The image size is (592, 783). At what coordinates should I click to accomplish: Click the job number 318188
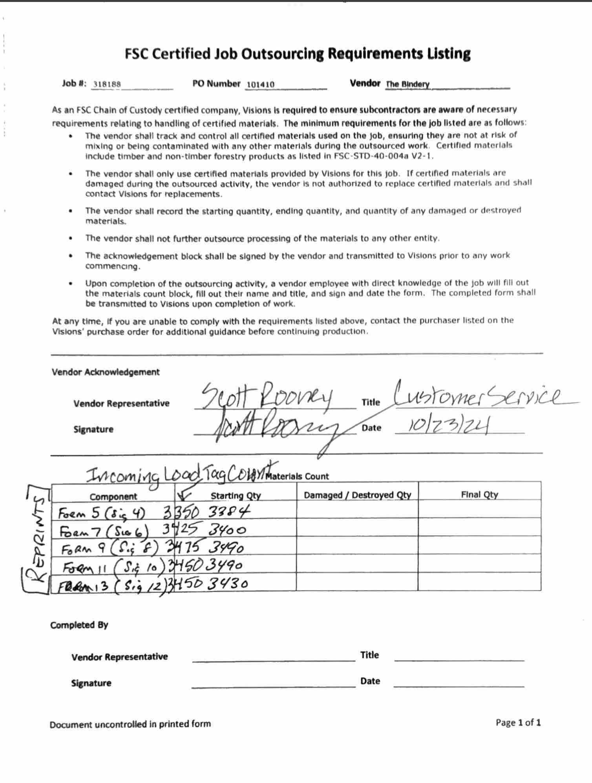pos(107,84)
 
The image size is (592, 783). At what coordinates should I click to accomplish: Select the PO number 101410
pos(261,84)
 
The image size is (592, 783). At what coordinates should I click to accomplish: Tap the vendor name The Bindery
pos(407,84)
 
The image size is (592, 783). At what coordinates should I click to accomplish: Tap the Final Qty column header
pos(479,494)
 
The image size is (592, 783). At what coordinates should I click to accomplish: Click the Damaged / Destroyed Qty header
pos(357,495)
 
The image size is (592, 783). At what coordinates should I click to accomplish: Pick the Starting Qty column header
pos(236,496)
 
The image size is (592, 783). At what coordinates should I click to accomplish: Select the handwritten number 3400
pos(227,530)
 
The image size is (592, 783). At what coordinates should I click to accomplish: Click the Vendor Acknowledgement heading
pos(106,372)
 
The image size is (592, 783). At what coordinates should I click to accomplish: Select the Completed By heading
pos(79,625)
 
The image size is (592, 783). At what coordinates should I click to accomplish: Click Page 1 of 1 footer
pos(518,722)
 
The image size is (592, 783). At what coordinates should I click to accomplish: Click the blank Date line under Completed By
pos(459,684)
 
